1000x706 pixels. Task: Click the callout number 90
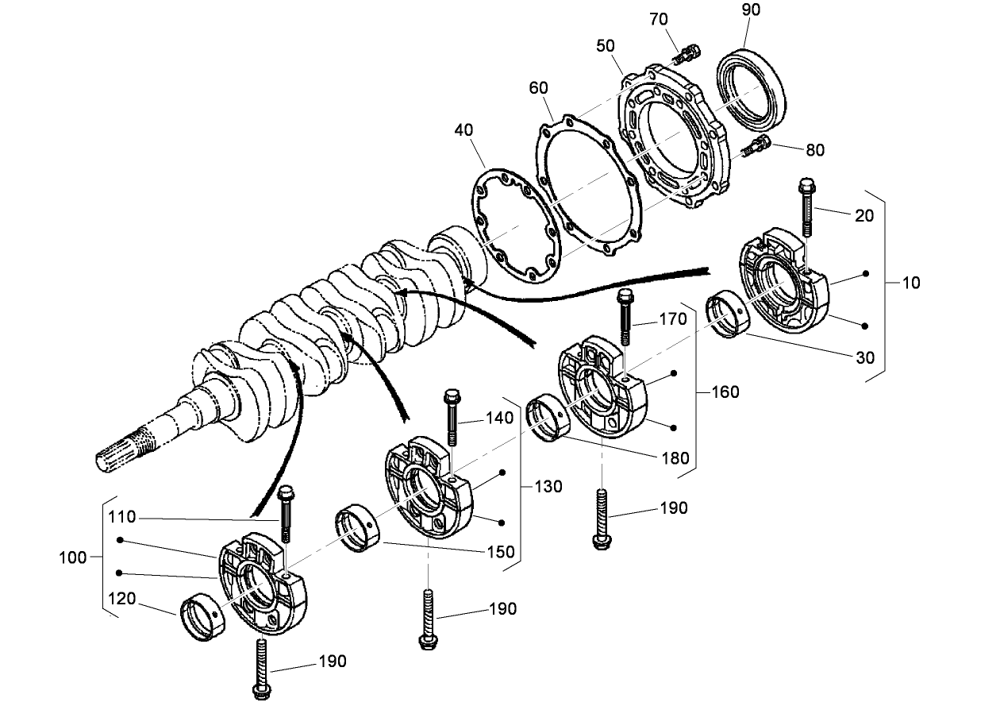pos(751,10)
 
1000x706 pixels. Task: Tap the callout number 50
pos(606,46)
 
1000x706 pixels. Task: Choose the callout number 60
pos(538,87)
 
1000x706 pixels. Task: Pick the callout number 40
pos(464,129)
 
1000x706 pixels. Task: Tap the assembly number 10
pos(911,283)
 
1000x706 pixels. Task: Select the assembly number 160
pos(725,392)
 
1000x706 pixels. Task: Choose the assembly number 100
pos(73,557)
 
